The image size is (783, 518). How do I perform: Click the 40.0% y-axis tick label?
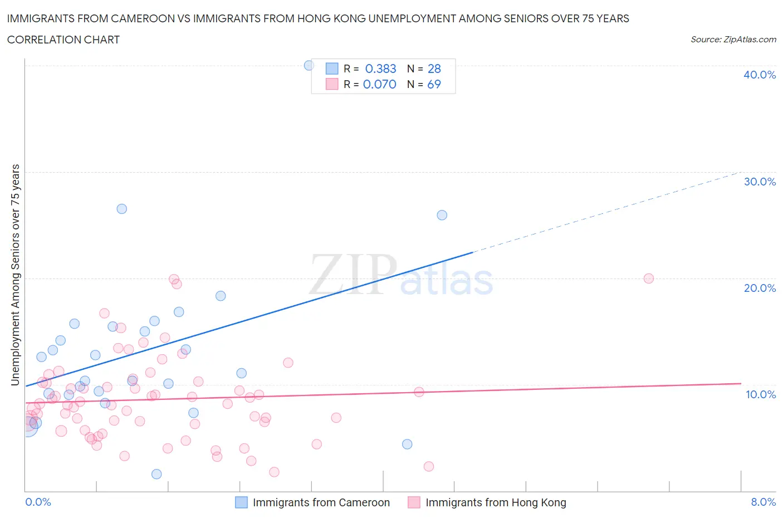point(759,75)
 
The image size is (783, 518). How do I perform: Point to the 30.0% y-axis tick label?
point(759,182)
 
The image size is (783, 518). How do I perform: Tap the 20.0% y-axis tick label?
point(759,288)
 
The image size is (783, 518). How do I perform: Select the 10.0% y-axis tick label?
point(760,394)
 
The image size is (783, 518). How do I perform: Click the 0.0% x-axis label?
point(38,502)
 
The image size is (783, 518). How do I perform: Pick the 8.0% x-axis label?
point(763,502)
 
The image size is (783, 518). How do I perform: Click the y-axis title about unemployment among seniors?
point(16,275)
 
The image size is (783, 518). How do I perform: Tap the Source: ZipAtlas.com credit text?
point(733,40)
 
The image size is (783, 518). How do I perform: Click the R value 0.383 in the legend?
point(380,69)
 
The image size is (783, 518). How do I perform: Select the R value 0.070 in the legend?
point(379,84)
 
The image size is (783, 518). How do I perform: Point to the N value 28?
point(434,69)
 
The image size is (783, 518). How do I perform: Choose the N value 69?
point(434,84)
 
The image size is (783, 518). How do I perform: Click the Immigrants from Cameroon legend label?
point(321,502)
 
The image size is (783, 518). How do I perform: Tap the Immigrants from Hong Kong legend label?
point(496,502)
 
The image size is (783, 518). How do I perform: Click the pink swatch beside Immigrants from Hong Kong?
point(414,502)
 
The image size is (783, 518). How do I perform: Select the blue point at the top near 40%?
point(309,65)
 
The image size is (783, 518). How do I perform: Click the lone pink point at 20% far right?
point(648,278)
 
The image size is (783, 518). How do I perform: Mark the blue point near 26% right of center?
point(442,215)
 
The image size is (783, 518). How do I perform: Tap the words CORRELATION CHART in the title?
point(63,40)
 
